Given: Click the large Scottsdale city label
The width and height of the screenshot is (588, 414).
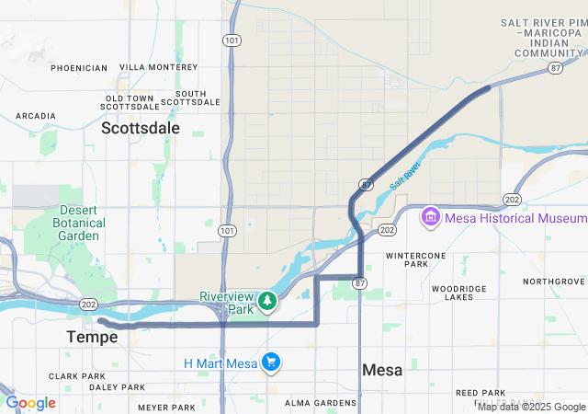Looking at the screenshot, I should click(x=141, y=128).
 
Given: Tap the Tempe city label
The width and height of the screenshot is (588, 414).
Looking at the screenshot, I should click(x=92, y=338).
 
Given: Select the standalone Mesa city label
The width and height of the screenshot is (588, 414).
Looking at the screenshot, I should click(x=382, y=370).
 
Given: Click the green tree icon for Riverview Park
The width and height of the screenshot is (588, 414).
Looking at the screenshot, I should click(x=267, y=300).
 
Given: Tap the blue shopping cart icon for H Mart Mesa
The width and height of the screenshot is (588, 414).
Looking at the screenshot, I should click(x=270, y=362).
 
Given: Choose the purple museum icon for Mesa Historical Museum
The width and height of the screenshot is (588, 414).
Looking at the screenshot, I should click(x=429, y=218).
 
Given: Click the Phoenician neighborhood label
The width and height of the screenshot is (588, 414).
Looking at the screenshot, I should click(x=79, y=68).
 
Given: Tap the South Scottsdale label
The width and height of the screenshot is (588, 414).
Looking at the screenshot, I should click(x=190, y=98).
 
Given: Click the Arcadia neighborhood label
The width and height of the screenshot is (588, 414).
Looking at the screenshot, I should click(x=36, y=116).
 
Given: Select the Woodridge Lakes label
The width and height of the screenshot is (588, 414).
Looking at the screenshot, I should click(x=458, y=293).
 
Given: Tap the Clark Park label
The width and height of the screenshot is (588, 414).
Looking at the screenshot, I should click(x=77, y=376).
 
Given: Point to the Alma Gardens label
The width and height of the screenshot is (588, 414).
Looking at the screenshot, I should click(x=313, y=403).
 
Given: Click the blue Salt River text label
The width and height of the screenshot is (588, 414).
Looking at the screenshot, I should click(x=405, y=176).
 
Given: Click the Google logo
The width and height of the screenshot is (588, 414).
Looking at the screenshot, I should click(x=30, y=403).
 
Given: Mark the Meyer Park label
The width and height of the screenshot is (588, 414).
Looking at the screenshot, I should click(x=168, y=407).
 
